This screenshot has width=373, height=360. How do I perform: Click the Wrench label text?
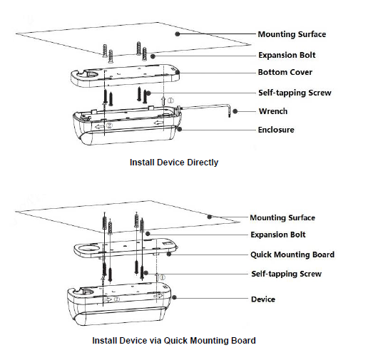click(273, 111)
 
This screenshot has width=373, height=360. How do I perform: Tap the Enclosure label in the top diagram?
click(276, 130)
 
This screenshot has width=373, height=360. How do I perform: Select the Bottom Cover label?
click(285, 72)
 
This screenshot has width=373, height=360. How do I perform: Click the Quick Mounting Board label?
click(292, 254)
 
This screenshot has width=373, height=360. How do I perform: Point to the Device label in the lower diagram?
click(263, 299)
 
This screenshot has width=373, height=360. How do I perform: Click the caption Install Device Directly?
click(174, 163)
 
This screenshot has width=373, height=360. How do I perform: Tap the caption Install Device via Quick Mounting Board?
click(174, 341)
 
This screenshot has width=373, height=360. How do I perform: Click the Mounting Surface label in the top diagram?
click(292, 34)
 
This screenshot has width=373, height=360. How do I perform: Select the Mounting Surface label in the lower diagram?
click(282, 217)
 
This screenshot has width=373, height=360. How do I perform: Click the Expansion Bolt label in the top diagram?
click(287, 55)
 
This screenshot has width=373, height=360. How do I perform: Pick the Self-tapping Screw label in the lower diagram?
click(287, 274)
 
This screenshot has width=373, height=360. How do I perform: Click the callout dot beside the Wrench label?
click(235, 111)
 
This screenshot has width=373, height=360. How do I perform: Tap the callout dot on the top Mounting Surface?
click(178, 34)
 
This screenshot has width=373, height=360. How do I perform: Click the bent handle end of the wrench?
click(229, 110)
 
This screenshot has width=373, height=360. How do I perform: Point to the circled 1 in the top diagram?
click(170, 101)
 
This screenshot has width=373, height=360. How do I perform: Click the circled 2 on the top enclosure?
click(109, 125)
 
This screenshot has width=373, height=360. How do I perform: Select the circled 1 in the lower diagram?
click(162, 277)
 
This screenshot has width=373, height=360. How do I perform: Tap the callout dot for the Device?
click(174, 297)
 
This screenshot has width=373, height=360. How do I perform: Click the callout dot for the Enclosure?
click(180, 129)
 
